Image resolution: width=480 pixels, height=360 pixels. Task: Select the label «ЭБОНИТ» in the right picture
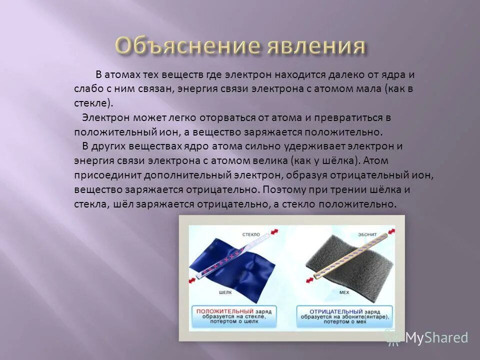tap(367, 233)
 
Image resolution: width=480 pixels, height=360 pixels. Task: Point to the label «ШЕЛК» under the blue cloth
tap(226, 292)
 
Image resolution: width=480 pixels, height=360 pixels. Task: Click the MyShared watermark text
tap(436, 338)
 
